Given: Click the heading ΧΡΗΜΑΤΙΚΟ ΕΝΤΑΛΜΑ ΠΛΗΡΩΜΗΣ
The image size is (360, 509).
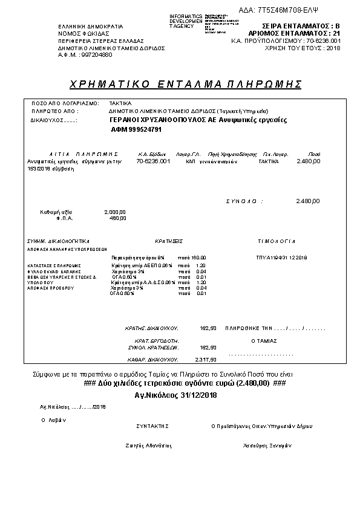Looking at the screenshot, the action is (185, 83).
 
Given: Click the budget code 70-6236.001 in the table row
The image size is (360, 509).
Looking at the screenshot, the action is (153, 162).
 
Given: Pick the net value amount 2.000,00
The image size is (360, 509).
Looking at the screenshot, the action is (115, 212).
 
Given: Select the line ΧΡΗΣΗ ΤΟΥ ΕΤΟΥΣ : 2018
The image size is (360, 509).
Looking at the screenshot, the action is (303, 48).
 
